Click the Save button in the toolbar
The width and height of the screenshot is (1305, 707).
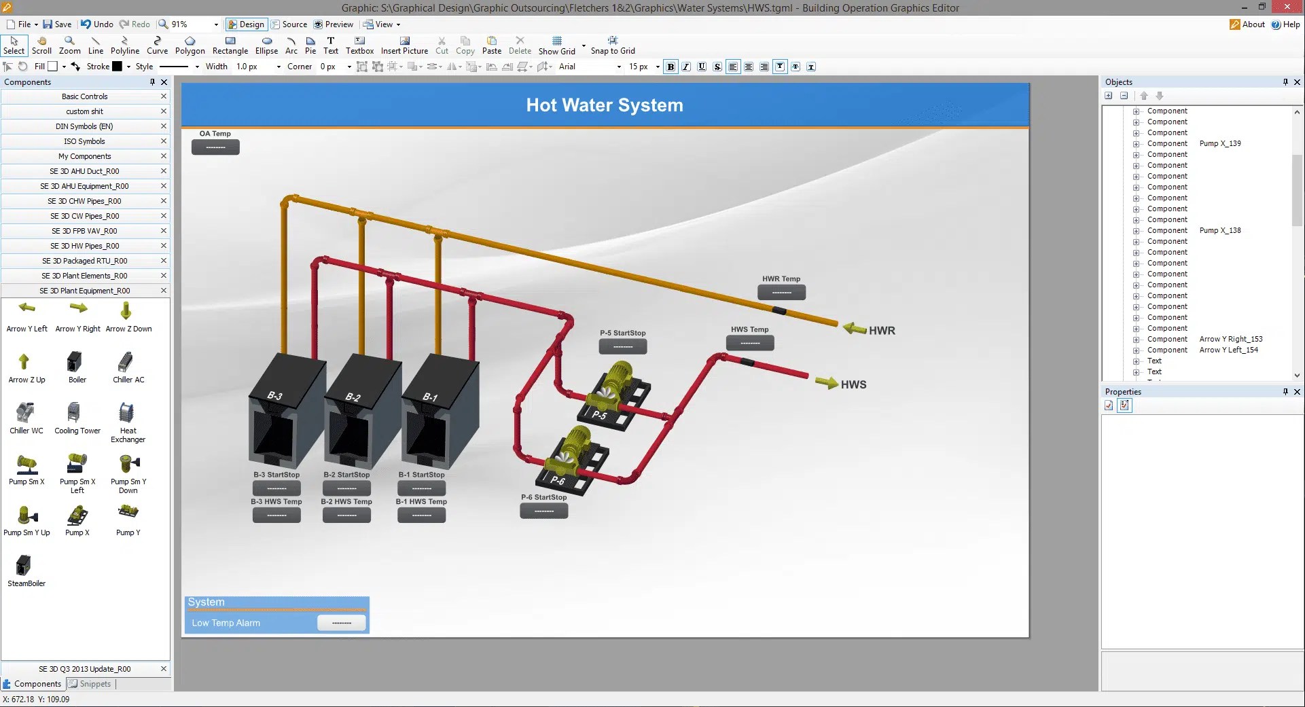[57, 24]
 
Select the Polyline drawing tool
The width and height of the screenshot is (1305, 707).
[124, 46]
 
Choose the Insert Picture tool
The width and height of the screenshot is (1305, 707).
[404, 46]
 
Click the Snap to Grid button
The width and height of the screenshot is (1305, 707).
[613, 46]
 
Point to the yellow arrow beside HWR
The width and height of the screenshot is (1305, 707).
[854, 329]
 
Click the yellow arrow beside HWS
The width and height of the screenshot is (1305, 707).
[827, 382]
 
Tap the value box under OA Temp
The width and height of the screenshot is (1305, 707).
[215, 147]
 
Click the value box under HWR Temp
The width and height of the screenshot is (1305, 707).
[781, 293]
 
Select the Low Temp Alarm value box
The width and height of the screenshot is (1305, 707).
[341, 623]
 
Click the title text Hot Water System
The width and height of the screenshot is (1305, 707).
[605, 105]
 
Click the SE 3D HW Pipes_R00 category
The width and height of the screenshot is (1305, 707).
[85, 246]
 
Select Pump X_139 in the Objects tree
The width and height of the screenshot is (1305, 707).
[1219, 143]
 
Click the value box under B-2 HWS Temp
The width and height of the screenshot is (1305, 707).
[346, 515]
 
